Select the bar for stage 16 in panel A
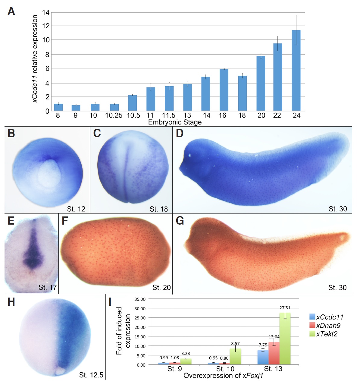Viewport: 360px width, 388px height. click(224, 90)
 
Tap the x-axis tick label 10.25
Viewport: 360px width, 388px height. click(114, 115)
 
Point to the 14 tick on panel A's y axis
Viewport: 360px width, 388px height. click(46, 13)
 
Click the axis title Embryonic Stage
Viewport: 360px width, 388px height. click(175, 122)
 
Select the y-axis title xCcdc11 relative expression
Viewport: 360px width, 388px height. click(35, 59)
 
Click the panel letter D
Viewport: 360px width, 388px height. click(180, 133)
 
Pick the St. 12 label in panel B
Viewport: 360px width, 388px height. click(76, 209)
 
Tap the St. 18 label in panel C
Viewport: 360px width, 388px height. click(158, 209)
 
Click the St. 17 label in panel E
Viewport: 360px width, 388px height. click(47, 287)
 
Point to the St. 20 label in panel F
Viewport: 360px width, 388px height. click(161, 288)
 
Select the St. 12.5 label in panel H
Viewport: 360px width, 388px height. click(91, 375)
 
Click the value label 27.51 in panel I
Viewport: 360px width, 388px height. click(285, 308)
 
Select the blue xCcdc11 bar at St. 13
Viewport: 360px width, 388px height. click(263, 357)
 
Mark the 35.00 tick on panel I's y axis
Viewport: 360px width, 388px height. click(139, 299)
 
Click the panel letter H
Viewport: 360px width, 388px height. click(11, 302)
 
